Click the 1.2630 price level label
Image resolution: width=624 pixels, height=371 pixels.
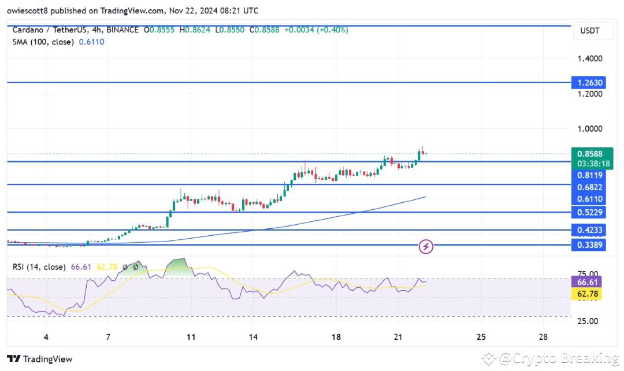589,83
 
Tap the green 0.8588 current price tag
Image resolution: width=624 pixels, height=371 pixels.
589,154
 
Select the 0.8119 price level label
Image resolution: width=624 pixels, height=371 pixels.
589,175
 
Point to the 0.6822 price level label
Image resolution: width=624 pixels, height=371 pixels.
589,187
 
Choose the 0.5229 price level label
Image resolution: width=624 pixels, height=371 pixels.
589,212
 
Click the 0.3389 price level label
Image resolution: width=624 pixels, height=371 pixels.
589,245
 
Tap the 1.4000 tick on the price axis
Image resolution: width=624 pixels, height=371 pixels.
589,58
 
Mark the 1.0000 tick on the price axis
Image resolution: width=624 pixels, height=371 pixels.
589,129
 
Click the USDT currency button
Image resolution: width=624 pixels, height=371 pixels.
594,32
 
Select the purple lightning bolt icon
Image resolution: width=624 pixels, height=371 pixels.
426,247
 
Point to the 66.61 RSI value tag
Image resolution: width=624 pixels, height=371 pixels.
589,282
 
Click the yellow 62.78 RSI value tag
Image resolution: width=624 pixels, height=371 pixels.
589,294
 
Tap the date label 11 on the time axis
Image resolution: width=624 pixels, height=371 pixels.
191,337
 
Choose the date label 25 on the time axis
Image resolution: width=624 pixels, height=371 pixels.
481,337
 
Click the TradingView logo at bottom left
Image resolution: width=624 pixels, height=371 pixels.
40,359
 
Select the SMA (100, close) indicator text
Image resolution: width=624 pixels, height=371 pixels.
43,42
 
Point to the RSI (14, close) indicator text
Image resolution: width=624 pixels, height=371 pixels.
38,266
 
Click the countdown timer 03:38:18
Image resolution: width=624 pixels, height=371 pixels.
589,164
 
